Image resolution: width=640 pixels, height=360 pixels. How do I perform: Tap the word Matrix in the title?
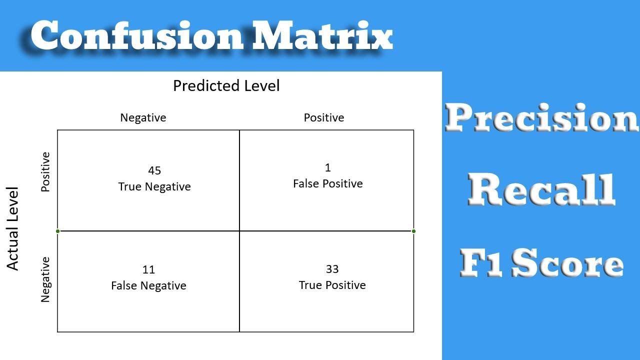click(x=322, y=36)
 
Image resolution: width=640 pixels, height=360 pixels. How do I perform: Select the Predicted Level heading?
click(x=226, y=85)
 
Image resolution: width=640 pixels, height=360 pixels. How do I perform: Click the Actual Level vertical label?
click(x=13, y=228)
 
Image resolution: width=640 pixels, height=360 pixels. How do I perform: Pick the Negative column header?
click(x=143, y=117)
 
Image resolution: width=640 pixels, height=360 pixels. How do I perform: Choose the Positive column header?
click(x=324, y=117)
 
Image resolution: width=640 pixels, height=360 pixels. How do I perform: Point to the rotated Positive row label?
click(x=45, y=172)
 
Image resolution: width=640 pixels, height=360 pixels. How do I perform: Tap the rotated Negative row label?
click(x=45, y=279)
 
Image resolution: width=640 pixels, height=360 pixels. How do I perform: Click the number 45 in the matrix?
click(x=154, y=171)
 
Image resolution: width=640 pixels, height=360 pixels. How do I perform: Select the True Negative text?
click(x=154, y=187)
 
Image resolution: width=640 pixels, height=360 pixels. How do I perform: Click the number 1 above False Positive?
click(x=328, y=167)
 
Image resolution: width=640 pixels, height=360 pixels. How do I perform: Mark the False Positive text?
click(x=328, y=183)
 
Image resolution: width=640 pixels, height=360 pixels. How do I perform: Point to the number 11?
click(x=148, y=270)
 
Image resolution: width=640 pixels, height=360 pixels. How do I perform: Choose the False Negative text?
click(x=148, y=285)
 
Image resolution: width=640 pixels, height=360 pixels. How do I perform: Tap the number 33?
click(x=332, y=269)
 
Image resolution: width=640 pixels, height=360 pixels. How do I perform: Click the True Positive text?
click(x=332, y=285)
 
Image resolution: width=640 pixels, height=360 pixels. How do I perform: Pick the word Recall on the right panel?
click(x=541, y=189)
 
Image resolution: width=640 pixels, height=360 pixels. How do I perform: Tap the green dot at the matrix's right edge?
click(x=413, y=231)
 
